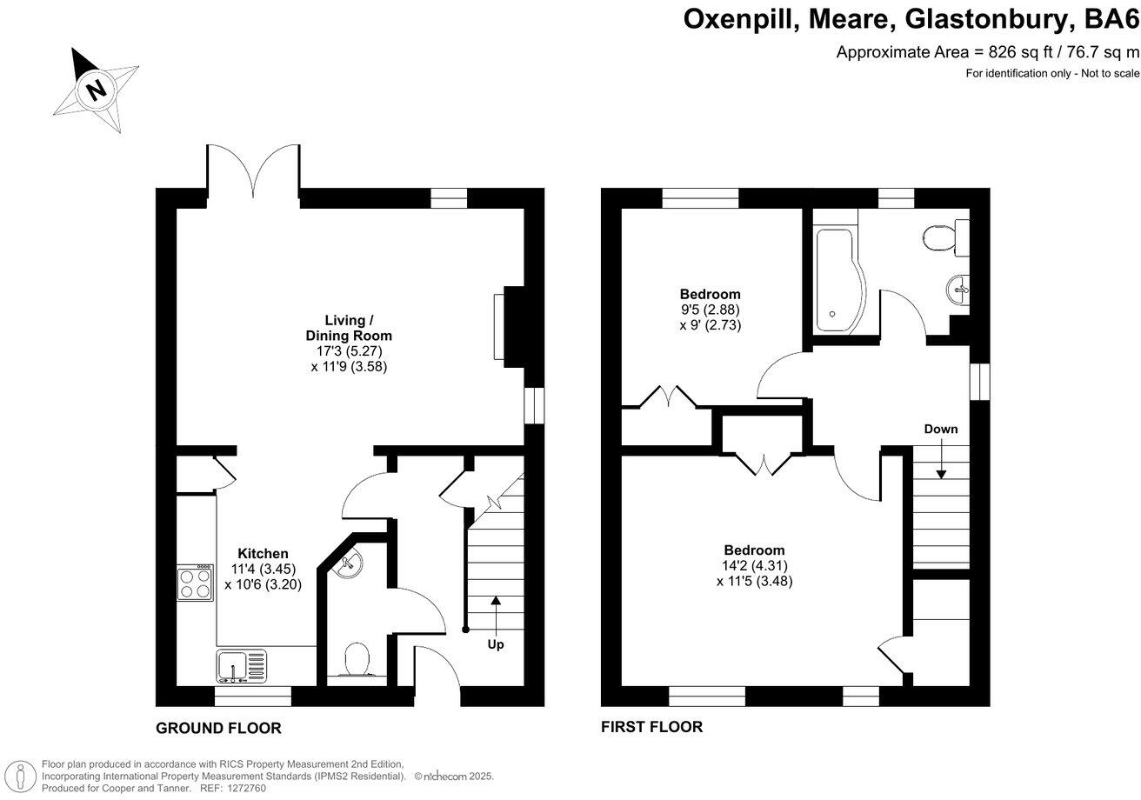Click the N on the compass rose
[x=97, y=90]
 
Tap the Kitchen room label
[x=263, y=554]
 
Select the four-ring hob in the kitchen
[x=195, y=583]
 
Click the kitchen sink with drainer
[x=241, y=666]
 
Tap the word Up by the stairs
[x=496, y=644]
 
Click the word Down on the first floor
[x=941, y=430]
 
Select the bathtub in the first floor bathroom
[x=840, y=281]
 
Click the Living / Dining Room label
[x=349, y=328]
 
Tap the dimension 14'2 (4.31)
[x=754, y=566]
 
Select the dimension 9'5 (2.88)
[x=710, y=310]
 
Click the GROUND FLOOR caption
[x=218, y=729]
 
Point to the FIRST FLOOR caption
[x=651, y=727]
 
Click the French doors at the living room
[x=253, y=171]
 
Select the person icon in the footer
[x=20, y=777]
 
